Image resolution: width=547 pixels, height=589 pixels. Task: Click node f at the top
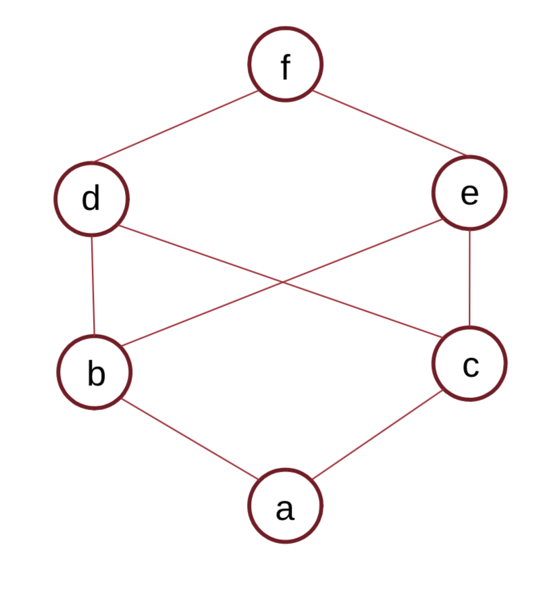click(285, 64)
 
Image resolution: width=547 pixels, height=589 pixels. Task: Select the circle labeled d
click(92, 199)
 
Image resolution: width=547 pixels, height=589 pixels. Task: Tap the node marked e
click(469, 193)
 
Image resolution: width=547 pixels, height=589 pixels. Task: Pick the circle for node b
click(95, 372)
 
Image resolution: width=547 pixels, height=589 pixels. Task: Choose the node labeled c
click(469, 363)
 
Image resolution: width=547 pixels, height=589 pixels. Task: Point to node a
click(285, 507)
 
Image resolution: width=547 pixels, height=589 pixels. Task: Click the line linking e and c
click(469, 278)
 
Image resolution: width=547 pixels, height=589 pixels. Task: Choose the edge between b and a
click(189, 438)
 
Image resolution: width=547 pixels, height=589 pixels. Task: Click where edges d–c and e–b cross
click(282, 283)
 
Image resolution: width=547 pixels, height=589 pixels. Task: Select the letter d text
click(90, 199)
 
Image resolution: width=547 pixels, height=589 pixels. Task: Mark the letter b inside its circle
click(96, 374)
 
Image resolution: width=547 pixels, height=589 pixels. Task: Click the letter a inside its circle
click(284, 509)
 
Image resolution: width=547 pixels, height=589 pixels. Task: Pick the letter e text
click(469, 195)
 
